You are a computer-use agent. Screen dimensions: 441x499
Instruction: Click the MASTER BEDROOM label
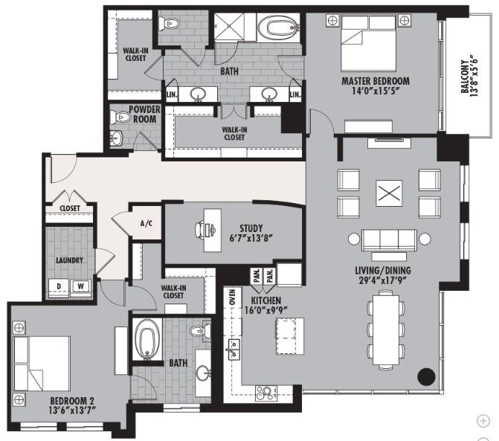(376, 81)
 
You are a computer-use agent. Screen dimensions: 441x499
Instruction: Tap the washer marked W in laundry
(77, 287)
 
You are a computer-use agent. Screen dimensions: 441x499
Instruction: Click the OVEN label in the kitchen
(232, 298)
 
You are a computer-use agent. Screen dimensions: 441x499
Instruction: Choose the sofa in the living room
(387, 239)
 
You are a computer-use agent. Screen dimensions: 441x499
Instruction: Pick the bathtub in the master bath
(277, 29)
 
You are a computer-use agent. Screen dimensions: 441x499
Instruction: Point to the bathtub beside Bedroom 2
(147, 338)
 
